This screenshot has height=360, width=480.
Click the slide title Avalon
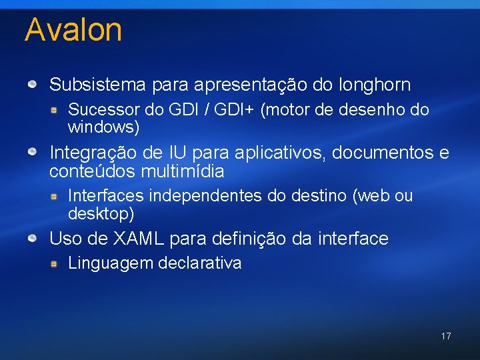[x=73, y=31]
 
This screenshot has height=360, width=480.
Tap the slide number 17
[x=446, y=336]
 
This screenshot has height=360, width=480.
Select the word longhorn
[x=375, y=85]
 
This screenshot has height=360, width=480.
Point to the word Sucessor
[x=96, y=109]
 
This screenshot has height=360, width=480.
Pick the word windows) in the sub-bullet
[x=103, y=126]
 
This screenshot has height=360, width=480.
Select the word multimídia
[x=182, y=171]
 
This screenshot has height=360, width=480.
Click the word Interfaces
[x=105, y=196]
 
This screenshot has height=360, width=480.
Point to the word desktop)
[x=101, y=213]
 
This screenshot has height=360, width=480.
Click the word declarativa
[x=199, y=263]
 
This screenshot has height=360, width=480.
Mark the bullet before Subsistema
[x=32, y=85]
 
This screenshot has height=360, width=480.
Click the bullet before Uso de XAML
[x=32, y=238]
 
